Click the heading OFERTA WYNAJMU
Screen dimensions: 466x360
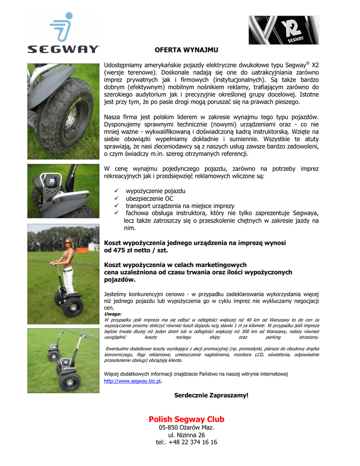[x=186, y=50]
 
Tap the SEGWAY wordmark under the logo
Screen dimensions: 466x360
[x=63, y=49]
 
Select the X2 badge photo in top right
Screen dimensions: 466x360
[x=283, y=30]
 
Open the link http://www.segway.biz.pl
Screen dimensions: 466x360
[x=132, y=381]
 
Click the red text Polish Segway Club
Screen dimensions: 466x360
[x=186, y=419]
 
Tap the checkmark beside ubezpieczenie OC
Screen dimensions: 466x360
[x=116, y=198]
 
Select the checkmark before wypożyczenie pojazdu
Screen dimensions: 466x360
[x=116, y=191]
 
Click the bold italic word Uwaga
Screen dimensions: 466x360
[x=112, y=314]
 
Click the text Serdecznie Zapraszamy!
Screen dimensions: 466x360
[x=211, y=395]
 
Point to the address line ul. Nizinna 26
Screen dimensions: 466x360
[x=186, y=435]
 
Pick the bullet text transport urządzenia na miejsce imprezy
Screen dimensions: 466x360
[x=180, y=206]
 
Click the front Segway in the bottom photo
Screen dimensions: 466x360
[x=71, y=369]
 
